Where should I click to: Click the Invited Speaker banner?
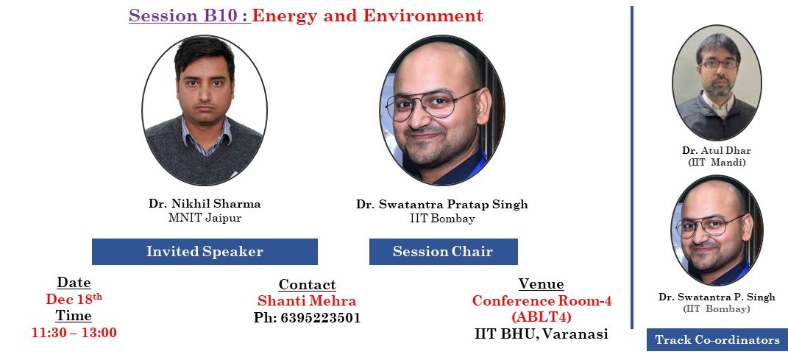[205, 251]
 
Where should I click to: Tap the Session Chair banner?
[443, 251]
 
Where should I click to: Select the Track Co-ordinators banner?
[717, 340]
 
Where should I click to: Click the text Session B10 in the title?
[182, 15]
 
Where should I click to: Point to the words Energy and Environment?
[367, 15]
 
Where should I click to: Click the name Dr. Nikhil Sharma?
[205, 204]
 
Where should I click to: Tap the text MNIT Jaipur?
[205, 218]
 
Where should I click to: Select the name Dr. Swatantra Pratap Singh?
[442, 204]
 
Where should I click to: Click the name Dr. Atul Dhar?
[716, 150]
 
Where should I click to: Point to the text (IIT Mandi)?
[716, 163]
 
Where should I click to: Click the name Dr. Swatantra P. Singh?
[717, 297]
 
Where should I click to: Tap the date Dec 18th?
[74, 299]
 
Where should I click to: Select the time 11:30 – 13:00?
[74, 332]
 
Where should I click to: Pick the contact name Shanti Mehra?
[307, 300]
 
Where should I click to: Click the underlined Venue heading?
[542, 283]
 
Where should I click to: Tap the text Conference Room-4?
[542, 300]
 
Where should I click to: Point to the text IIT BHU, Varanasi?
[542, 333]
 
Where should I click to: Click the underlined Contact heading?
[307, 284]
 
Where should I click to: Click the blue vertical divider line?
[632, 167]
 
